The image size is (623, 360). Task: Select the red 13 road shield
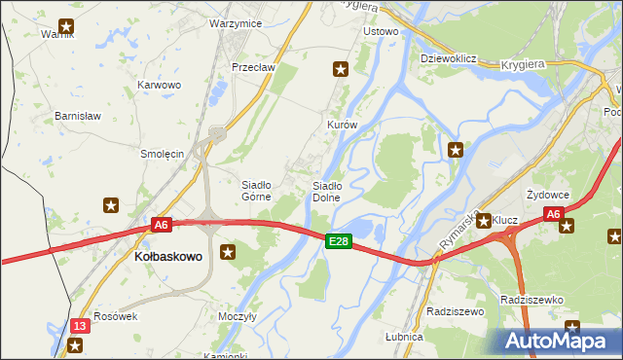pos(80,325)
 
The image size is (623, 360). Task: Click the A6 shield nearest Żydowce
pos(553,214)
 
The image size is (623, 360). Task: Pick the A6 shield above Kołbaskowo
pos(162,225)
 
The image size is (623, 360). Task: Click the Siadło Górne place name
pos(262,190)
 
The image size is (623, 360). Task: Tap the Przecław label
pos(254,67)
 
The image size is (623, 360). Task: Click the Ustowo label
pos(381,31)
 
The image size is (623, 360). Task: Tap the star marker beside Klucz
pos(483,221)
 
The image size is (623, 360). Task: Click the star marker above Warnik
pos(66,27)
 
